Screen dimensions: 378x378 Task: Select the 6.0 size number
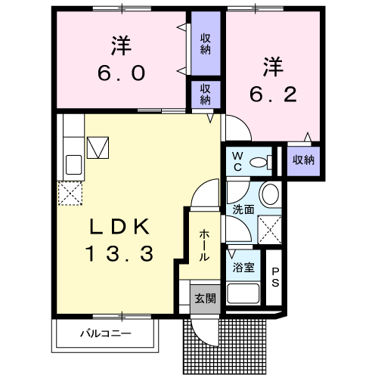pyautogui.click(x=120, y=74)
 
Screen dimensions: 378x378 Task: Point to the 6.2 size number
pyautogui.click(x=274, y=94)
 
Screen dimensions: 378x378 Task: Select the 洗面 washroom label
pyautogui.click(x=243, y=209)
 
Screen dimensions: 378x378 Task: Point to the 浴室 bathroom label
pyautogui.click(x=243, y=267)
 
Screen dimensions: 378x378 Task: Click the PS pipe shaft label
pyautogui.click(x=275, y=278)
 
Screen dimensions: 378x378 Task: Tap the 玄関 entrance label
pyautogui.click(x=204, y=298)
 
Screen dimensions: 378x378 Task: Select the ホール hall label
pyautogui.click(x=204, y=246)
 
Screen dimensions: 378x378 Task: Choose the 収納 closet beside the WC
pyautogui.click(x=303, y=160)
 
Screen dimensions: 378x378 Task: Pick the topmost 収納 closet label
pyautogui.click(x=206, y=44)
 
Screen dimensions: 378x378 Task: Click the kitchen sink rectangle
pyautogui.click(x=74, y=164)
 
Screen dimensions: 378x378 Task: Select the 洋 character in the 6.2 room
pyautogui.click(x=274, y=67)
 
